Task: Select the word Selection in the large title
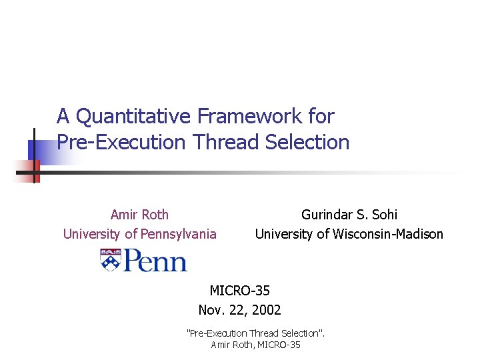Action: coord(307,142)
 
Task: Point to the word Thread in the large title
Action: coord(227,142)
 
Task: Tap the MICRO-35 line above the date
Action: coord(240,291)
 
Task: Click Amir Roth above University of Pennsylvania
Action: coord(139,215)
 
